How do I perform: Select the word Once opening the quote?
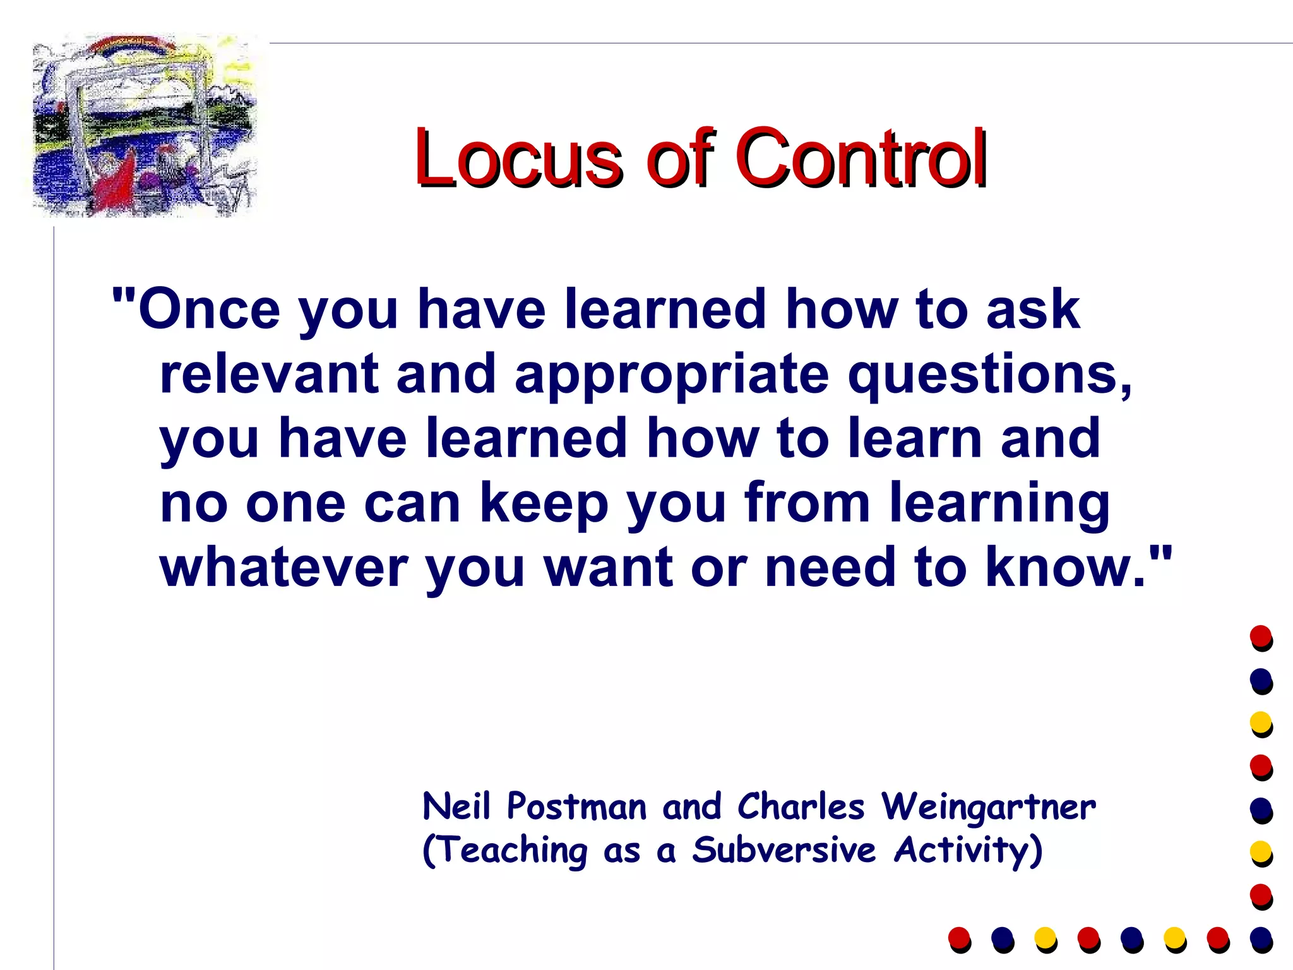click(x=208, y=309)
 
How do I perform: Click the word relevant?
click(x=269, y=374)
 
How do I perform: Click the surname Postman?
click(x=577, y=807)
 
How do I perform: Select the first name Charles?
click(x=801, y=807)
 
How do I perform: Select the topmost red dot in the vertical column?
click(x=1261, y=636)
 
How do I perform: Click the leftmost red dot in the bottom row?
click(x=959, y=937)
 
